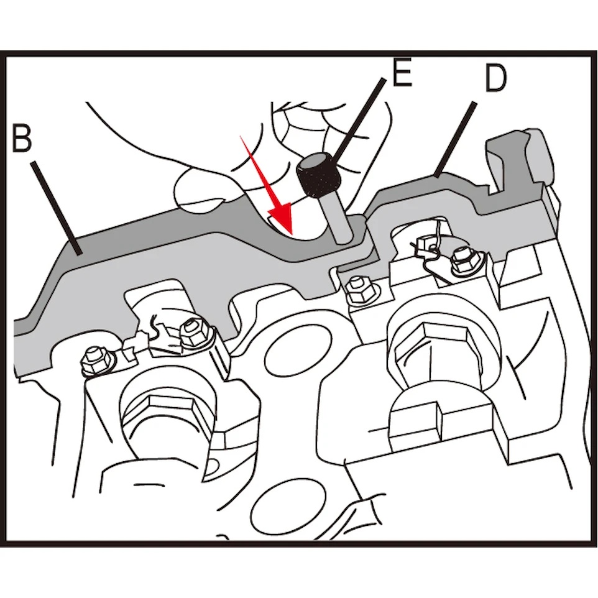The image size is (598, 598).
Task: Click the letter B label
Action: point(22,137)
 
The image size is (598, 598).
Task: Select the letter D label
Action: point(496,77)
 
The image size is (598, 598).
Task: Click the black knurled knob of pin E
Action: point(316,174)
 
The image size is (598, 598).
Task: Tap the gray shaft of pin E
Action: point(337,219)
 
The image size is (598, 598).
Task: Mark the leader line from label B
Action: point(57,208)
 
